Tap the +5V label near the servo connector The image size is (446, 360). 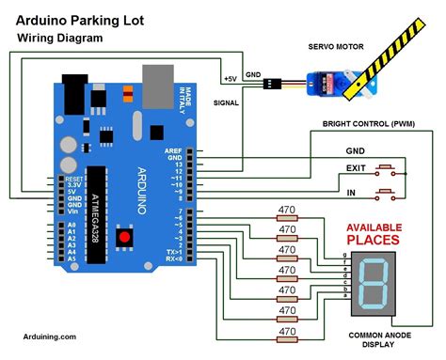pyautogui.click(x=231, y=79)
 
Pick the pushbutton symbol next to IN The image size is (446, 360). pyautogui.click(x=384, y=196)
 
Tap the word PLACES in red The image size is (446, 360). pyautogui.click(x=374, y=241)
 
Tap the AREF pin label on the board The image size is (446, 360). pyautogui.click(x=176, y=149)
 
